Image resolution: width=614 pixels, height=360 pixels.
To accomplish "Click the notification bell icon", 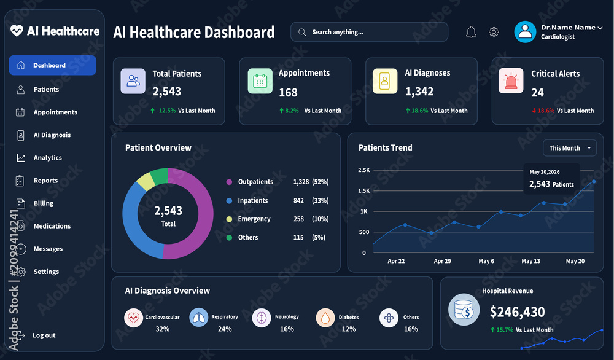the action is (x=471, y=32).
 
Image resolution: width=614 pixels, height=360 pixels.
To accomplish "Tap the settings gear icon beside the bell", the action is (x=494, y=32).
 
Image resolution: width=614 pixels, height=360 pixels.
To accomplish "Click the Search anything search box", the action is (x=369, y=32).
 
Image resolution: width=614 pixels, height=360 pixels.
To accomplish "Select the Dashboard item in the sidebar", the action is (x=52, y=65).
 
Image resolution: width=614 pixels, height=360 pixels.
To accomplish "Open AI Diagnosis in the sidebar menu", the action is (x=52, y=135).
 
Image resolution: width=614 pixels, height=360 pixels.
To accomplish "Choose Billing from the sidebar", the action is (x=44, y=203).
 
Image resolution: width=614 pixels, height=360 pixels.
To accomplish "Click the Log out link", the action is (x=44, y=335).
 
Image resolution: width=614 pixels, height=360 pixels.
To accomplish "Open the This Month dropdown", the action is (x=570, y=148).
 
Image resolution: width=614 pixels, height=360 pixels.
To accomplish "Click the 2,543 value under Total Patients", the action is (x=167, y=92).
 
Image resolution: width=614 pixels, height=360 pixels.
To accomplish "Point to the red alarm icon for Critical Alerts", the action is (x=511, y=80).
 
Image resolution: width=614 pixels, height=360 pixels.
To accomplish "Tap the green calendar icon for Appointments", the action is (x=260, y=81).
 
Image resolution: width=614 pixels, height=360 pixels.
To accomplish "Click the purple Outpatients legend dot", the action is (x=229, y=182).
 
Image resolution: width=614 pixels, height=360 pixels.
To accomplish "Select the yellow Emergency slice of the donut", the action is (x=146, y=181).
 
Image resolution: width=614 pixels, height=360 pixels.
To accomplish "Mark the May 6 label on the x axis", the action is (x=486, y=261).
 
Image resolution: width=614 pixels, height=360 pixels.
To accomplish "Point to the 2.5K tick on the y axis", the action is (x=363, y=170).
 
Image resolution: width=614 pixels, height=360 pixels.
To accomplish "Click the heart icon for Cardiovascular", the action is (x=133, y=318).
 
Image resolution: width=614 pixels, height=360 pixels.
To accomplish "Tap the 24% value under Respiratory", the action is (x=225, y=329).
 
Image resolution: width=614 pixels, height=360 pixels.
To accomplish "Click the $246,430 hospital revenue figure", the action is (x=517, y=312).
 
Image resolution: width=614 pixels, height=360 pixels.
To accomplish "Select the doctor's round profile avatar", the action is (x=525, y=32).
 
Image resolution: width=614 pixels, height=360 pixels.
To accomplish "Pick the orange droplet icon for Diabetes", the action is (x=325, y=318).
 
